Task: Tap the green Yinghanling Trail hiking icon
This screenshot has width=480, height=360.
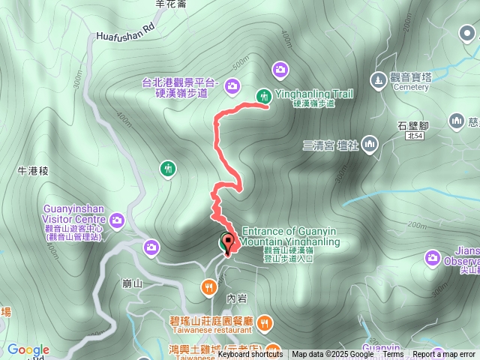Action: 263,95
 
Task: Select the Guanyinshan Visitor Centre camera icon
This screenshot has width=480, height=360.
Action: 117,220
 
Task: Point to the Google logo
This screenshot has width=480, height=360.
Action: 28,349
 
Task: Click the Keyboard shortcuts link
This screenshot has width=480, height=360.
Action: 250,355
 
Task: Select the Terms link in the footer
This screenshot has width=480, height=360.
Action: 393,355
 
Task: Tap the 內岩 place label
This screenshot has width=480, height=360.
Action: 236,298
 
